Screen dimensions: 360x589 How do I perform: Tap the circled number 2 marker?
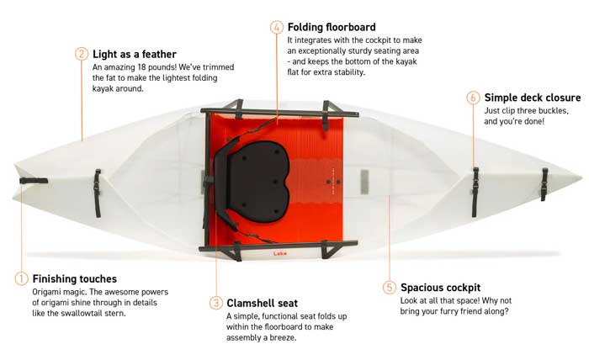coord(82,54)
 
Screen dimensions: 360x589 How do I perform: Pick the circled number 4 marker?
coord(277,27)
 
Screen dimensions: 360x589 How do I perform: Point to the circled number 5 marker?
coord(389,287)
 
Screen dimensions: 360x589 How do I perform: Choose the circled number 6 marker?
coord(473,98)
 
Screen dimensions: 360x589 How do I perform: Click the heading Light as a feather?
coord(135,54)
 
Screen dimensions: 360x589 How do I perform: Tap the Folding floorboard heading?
coord(332,27)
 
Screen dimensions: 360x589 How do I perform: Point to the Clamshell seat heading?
coord(268,302)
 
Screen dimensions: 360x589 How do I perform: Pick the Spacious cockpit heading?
coord(440,287)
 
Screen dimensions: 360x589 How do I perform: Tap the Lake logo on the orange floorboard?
coord(280,251)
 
